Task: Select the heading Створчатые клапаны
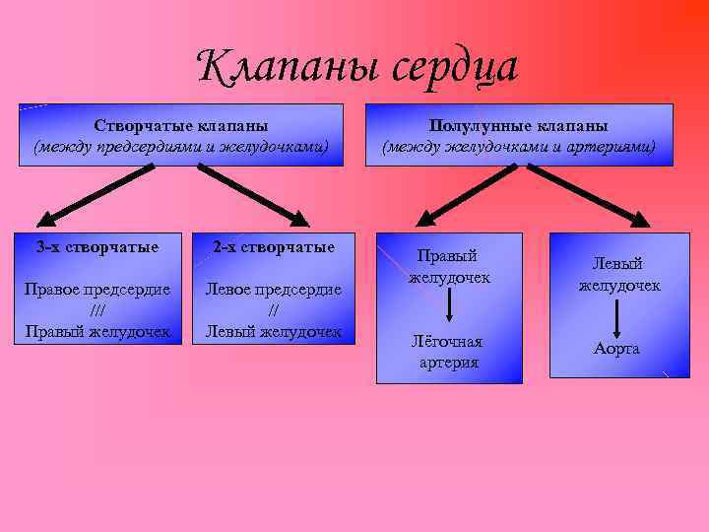[x=181, y=126]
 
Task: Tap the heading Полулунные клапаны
[x=519, y=126]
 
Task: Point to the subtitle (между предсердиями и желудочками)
[x=181, y=147]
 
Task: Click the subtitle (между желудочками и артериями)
[x=519, y=147]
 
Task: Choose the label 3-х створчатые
[x=97, y=246]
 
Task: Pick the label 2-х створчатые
[x=273, y=246]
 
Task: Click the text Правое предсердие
[x=97, y=290]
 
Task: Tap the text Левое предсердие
[x=273, y=290]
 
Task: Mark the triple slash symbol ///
[x=97, y=310]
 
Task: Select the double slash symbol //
[x=273, y=310]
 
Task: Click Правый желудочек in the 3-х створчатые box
[x=97, y=331]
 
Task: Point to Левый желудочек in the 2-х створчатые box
[x=273, y=331]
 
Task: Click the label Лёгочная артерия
[x=449, y=352]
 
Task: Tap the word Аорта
[x=616, y=349]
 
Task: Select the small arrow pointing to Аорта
[x=617, y=317]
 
